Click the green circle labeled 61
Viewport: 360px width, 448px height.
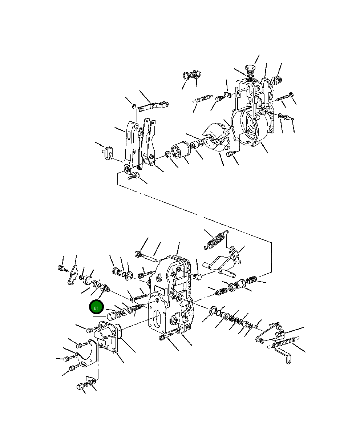coord(97,308)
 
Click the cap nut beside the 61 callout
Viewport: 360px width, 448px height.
coord(110,314)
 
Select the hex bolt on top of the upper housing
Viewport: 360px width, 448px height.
coord(250,69)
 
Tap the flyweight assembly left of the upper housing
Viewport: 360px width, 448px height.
coord(216,138)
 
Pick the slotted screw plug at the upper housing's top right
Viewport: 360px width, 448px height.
coord(278,80)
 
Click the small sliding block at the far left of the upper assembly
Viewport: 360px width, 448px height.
coord(108,152)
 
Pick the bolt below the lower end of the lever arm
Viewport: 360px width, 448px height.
coord(133,177)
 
